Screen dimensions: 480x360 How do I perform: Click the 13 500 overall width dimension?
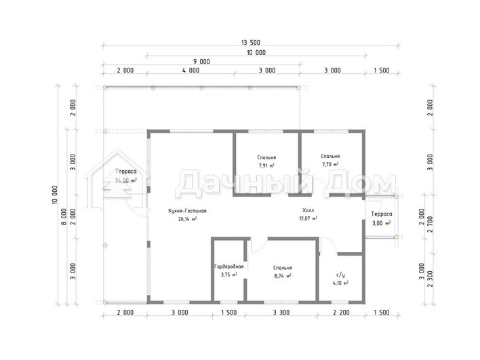tap(250, 43)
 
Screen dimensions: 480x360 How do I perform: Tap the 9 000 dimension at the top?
tap(201, 62)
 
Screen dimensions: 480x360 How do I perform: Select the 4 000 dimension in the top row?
tap(191, 71)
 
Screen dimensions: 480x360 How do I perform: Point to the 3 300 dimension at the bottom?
tap(281, 313)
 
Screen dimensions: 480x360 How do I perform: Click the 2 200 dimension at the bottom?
tap(341, 313)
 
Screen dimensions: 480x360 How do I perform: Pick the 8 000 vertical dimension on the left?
tap(64, 217)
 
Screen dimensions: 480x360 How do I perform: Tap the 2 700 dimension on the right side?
tap(430, 224)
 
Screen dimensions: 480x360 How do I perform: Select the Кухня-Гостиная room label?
tap(187, 211)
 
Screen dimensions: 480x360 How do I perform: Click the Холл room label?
tap(308, 210)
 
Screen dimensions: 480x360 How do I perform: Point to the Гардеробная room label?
tap(229, 266)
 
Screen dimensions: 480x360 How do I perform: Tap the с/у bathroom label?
tap(340, 275)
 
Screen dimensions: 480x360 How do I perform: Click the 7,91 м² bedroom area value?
tap(266, 165)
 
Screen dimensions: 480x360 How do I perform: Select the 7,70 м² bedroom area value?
tap(330, 164)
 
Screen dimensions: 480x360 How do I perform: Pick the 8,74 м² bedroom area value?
tap(283, 276)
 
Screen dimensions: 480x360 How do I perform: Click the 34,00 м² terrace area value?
tap(126, 180)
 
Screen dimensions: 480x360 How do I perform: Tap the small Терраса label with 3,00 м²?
tap(382, 214)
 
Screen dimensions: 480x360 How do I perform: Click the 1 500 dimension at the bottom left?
tap(229, 313)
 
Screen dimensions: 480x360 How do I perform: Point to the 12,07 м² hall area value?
tap(308, 218)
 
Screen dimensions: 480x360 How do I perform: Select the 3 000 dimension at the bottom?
tap(180, 313)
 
